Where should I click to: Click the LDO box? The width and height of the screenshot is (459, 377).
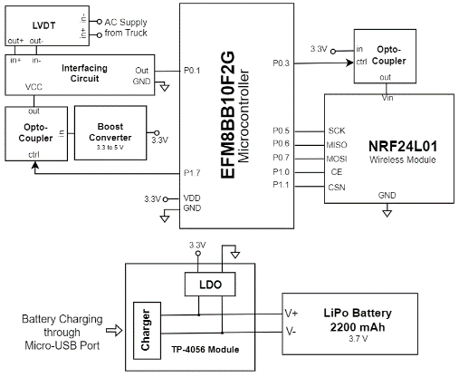[210, 284]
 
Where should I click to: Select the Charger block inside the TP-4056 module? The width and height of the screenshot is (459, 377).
[147, 331]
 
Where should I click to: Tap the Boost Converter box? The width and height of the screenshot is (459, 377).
[110, 132]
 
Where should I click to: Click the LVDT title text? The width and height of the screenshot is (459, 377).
[44, 25]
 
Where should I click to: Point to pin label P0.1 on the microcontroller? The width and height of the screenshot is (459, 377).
[192, 71]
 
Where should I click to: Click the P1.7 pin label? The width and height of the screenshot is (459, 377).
[192, 173]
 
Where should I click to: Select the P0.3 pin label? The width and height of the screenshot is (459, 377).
[281, 63]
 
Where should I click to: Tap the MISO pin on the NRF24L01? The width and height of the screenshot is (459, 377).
[337, 145]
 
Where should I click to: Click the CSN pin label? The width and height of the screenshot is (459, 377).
[337, 188]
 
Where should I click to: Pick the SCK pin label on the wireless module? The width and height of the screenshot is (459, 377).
[337, 130]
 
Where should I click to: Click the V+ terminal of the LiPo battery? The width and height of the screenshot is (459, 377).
[292, 314]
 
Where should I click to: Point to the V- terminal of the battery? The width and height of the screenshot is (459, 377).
[291, 332]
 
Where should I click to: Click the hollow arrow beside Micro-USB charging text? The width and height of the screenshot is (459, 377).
[114, 330]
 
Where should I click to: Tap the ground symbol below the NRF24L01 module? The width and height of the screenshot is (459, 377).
[387, 213]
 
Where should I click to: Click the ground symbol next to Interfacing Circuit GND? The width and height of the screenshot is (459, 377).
[165, 87]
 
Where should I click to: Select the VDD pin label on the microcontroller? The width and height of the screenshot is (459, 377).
[192, 198]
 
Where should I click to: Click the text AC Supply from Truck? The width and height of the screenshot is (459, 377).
[126, 27]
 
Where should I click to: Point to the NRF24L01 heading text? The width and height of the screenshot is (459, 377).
[403, 146]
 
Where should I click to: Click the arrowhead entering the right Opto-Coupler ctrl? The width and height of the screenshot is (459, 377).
[350, 63]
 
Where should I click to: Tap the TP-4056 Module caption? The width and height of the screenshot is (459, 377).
[206, 350]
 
